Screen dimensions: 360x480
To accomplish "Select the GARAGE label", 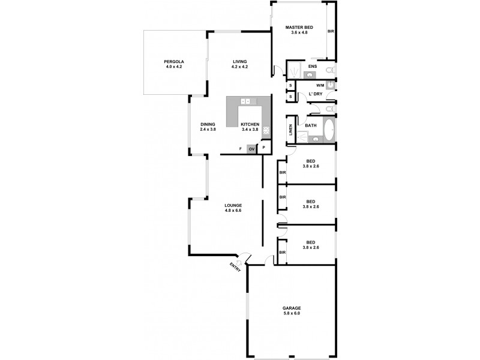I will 292,308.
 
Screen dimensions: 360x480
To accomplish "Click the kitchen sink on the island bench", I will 245,101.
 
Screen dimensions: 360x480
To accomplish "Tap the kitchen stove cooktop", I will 266,129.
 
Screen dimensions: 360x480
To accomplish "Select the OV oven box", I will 251,148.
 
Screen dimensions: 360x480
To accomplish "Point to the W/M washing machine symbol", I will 329,86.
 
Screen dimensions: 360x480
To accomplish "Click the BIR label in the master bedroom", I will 330,31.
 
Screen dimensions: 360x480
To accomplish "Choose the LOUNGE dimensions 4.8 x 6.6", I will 233,211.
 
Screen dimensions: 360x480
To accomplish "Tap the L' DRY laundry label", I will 315,95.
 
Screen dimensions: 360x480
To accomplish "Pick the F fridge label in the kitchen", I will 240,148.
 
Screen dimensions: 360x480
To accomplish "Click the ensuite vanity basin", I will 308,74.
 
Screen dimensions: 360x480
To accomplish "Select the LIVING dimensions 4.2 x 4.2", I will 240,67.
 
